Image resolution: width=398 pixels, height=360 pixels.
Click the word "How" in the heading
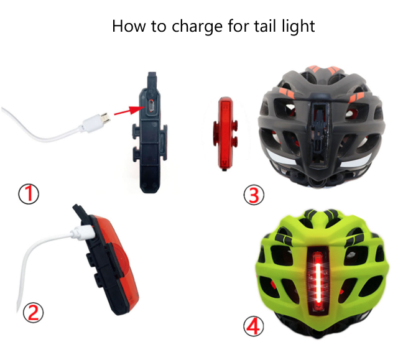[x=129, y=26]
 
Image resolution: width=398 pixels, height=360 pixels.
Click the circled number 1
[x=29, y=194]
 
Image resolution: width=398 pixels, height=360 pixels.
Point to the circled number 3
[x=254, y=195]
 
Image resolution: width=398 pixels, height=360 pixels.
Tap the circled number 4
[x=254, y=326]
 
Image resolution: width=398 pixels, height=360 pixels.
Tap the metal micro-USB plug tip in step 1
[x=105, y=118]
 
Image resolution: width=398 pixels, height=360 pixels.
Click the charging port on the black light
[x=152, y=106]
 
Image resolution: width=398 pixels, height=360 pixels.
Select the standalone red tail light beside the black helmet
[x=226, y=133]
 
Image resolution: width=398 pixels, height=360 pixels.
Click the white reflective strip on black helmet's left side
[x=280, y=157]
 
